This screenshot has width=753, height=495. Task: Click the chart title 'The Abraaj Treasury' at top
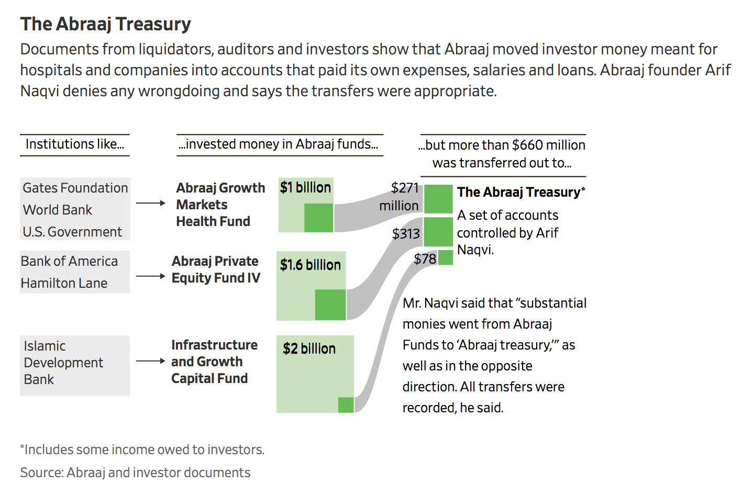coord(106,25)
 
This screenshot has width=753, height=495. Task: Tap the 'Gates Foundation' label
coord(75,188)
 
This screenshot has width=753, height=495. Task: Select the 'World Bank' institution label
coord(58,210)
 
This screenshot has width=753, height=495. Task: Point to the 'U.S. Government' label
coord(72,232)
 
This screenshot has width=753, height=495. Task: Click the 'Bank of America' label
coord(69,261)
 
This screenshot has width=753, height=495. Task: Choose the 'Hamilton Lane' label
coord(64,283)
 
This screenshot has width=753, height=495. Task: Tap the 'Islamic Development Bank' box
coord(75,366)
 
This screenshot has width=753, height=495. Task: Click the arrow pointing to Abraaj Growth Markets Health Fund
coord(151,203)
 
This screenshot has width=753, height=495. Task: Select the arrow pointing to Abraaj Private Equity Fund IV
coord(151,276)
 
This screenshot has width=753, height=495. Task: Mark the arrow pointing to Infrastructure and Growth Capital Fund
coord(151,361)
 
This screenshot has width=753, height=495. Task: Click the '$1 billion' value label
coord(306,187)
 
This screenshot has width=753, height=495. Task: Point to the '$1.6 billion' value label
coord(311,265)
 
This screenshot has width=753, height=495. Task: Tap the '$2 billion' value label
coord(309,348)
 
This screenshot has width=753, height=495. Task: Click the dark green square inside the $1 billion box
coord(319,218)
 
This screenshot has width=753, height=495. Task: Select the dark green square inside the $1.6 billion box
coord(330,305)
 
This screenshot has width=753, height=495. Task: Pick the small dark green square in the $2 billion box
coord(346,404)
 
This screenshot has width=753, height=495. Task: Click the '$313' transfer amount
coord(406,234)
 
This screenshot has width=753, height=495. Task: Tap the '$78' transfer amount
coord(425,259)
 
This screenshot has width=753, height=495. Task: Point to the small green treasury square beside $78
coord(446,257)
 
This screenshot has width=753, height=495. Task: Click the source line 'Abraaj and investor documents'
coord(159,473)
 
